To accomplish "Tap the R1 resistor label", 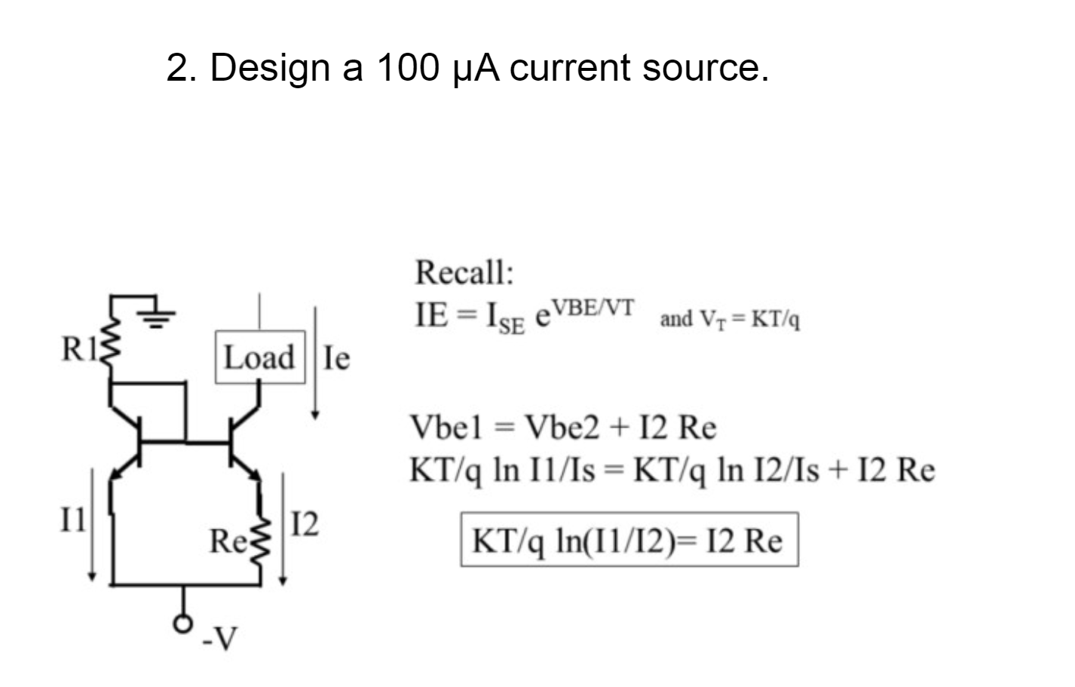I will (77, 350).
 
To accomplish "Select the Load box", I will (260, 357).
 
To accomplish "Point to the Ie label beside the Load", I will (336, 358).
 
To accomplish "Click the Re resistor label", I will (225, 541).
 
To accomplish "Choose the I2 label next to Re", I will (305, 523).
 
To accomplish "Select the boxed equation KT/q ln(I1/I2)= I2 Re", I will (629, 541).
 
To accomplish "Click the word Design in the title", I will (270, 68).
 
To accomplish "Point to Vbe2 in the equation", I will (563, 428).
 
